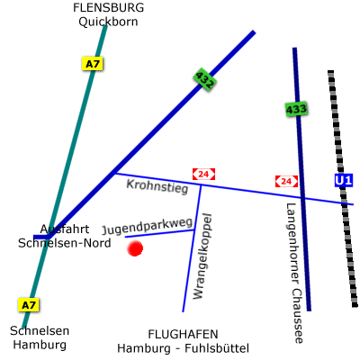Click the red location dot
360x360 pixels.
pyautogui.click(x=135, y=248)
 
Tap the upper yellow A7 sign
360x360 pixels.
pyautogui.click(x=93, y=64)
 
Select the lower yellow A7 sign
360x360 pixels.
pyautogui.click(x=29, y=305)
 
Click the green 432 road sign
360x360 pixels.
pyautogui.click(x=205, y=79)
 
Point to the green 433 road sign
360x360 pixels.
pyautogui.click(x=296, y=110)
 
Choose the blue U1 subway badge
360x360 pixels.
pyautogui.click(x=344, y=181)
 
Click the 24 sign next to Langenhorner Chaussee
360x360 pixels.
pyautogui.click(x=286, y=181)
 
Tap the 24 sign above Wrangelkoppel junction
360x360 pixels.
pyautogui.click(x=203, y=174)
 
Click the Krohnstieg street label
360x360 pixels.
pyautogui.click(x=157, y=186)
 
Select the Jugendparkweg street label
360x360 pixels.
pyautogui.click(x=147, y=226)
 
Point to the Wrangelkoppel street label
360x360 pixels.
pyautogui.click(x=202, y=256)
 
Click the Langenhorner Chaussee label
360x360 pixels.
pyautogui.click(x=295, y=273)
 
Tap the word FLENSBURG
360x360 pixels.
pyautogui.click(x=108, y=7)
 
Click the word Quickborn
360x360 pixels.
pyautogui.click(x=108, y=22)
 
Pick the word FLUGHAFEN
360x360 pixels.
pyautogui.click(x=183, y=334)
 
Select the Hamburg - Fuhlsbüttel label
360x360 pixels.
pyautogui.click(x=183, y=348)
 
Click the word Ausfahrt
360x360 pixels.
pyautogui.click(x=65, y=229)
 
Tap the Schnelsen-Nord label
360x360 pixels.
pyautogui.click(x=65, y=243)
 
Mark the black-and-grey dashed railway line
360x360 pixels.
pyautogui.click(x=343, y=189)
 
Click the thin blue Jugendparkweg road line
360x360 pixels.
pyautogui.click(x=159, y=234)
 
